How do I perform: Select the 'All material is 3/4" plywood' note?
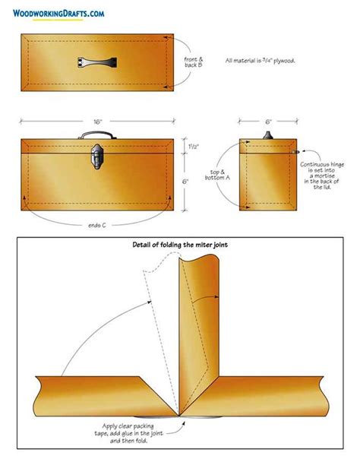pyautogui.click(x=260, y=61)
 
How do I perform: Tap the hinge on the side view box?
pyautogui.click(x=292, y=152)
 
